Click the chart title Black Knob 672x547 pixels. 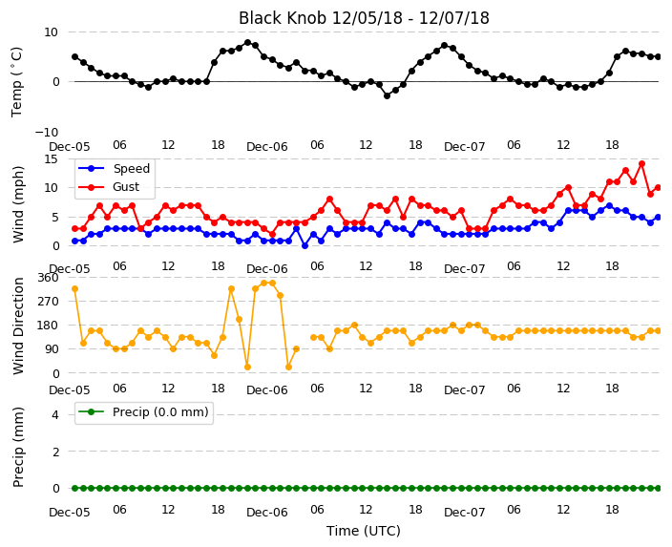point(283,18)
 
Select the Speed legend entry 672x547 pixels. point(114,168)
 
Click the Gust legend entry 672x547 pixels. point(109,187)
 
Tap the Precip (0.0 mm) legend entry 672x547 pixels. point(143,412)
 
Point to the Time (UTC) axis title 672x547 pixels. point(364,531)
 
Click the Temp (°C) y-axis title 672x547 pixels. point(16,82)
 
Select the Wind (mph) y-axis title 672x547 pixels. point(18,205)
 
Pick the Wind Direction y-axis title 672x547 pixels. point(18,326)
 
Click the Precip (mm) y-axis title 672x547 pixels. point(18,447)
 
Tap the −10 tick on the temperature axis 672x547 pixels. point(46,132)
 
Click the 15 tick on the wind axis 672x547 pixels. point(51,159)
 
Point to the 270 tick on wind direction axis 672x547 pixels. point(48,302)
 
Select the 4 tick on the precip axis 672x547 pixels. point(55,414)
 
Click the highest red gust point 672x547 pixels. point(641,164)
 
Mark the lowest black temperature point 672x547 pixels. point(387,96)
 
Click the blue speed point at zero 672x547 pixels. point(304,246)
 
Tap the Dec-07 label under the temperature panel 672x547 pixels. point(465,147)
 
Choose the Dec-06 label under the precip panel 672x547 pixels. point(267,513)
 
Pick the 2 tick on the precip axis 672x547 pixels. point(55,452)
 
